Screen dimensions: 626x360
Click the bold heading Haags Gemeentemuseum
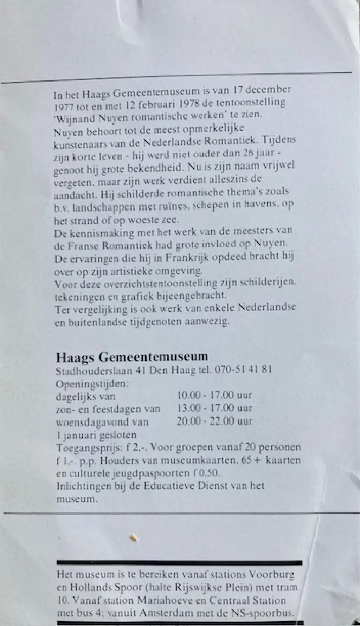132,357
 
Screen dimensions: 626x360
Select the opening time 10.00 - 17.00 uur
214,395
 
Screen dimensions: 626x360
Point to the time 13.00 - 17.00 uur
214,408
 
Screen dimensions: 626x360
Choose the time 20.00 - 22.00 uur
214,421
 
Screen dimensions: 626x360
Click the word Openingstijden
92,383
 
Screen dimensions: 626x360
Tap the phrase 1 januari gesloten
96,435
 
